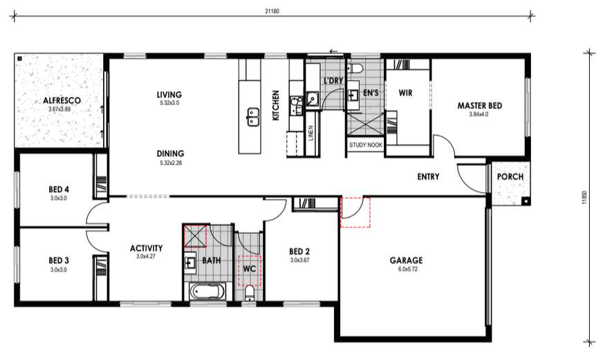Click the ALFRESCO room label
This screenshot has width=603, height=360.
click(x=62, y=101)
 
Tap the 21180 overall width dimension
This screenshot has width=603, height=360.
click(x=272, y=11)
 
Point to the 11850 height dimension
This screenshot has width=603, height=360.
click(x=584, y=198)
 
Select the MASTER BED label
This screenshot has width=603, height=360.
click(x=479, y=106)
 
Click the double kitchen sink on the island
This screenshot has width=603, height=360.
click(x=252, y=117)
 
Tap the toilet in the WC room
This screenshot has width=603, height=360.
click(x=250, y=293)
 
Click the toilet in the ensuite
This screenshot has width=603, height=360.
click(x=355, y=69)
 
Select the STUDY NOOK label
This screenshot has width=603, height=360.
click(x=366, y=145)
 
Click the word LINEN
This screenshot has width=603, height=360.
click(x=310, y=133)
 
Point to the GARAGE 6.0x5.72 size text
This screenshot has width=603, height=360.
click(x=407, y=269)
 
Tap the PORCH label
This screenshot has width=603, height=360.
click(x=510, y=177)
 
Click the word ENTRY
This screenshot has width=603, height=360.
click(x=428, y=177)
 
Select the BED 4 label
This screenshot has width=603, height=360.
click(x=59, y=189)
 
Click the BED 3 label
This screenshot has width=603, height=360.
click(x=59, y=260)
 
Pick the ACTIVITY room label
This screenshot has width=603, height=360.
click(x=146, y=248)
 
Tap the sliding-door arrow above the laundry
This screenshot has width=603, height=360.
click(x=333, y=51)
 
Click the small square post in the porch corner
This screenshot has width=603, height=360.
click(x=525, y=200)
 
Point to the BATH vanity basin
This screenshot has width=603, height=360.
click(x=189, y=263)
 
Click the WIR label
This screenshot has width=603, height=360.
click(x=405, y=93)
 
